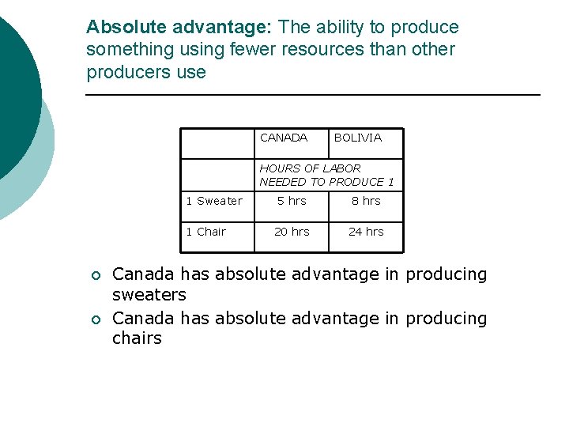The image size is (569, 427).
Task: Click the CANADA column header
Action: (x=284, y=138)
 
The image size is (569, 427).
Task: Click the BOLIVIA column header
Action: (x=357, y=138)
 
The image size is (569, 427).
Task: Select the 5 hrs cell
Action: (x=292, y=201)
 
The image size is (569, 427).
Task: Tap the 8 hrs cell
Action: (x=366, y=201)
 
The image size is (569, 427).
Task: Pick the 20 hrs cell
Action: (x=292, y=232)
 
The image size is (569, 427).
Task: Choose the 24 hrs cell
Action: (x=366, y=232)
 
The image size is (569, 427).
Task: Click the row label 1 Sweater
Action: (x=214, y=201)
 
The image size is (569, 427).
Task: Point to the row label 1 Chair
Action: (x=206, y=232)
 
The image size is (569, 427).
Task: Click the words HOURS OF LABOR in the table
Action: (x=310, y=168)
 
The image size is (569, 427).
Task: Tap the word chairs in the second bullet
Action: (x=137, y=338)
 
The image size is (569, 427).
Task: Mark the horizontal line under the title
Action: (x=312, y=95)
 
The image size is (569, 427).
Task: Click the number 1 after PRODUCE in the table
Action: (x=390, y=182)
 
